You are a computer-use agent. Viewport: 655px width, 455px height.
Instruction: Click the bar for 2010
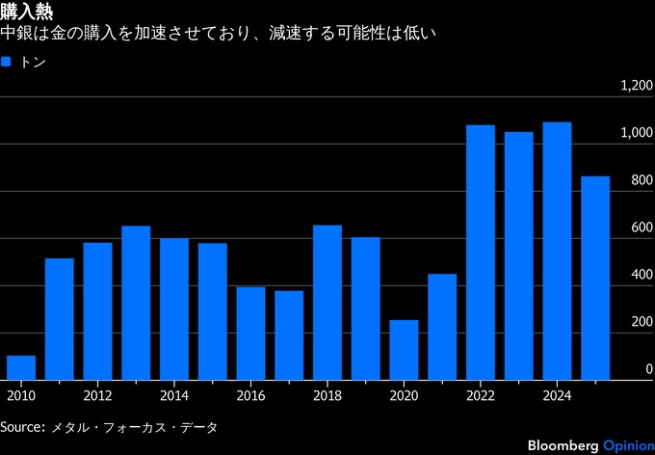(21, 367)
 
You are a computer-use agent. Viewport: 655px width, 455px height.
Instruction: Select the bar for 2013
(136, 303)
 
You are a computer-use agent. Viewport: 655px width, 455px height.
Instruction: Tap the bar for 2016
(250, 333)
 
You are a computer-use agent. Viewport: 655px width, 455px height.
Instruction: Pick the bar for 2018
(327, 302)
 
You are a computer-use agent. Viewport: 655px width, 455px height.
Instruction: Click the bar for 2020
(404, 350)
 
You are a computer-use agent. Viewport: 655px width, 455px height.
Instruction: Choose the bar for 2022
(480, 252)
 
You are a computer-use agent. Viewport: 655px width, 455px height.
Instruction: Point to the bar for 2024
(557, 251)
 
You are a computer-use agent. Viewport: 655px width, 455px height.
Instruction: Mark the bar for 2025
(595, 278)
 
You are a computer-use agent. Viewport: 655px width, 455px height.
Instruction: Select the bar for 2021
(442, 327)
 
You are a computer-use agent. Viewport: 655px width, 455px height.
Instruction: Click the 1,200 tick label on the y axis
(637, 87)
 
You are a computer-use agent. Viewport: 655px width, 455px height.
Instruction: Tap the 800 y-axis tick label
(642, 180)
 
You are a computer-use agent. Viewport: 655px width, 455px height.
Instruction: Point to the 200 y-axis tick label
(642, 322)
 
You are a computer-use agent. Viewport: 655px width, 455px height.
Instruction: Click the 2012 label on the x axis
(97, 395)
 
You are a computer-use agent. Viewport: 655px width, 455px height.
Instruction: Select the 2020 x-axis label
(404, 395)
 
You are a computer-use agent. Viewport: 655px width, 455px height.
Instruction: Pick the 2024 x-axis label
(557, 395)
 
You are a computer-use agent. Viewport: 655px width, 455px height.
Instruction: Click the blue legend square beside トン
(7, 62)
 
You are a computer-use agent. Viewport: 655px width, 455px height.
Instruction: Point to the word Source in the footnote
(21, 426)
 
